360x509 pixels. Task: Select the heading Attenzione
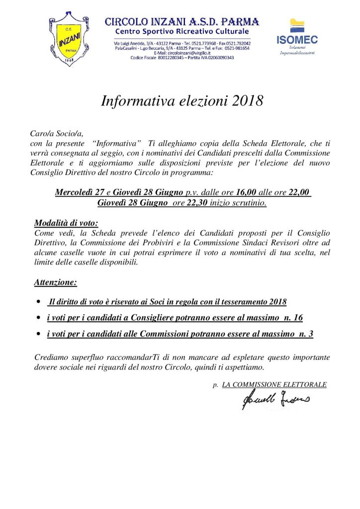[x=56, y=283]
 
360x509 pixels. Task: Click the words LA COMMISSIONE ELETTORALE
[x=274, y=385]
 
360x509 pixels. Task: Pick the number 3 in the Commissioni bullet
[x=310, y=334]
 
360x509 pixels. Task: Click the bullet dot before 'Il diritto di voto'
[x=39, y=302]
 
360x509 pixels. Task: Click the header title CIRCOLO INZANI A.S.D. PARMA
[x=182, y=22]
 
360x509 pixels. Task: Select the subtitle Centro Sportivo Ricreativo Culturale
[x=182, y=32]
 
